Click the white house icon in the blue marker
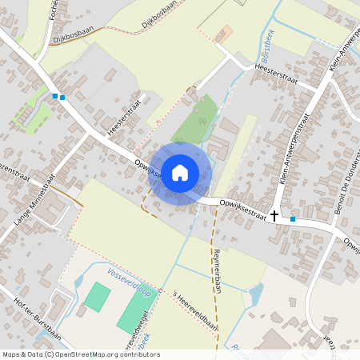coord(180,173)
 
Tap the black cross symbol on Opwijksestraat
coord(274,215)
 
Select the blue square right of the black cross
coord(293,218)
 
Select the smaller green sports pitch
coord(96,296)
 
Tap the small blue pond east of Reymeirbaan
coord(255,295)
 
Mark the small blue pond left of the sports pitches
coord(80,281)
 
